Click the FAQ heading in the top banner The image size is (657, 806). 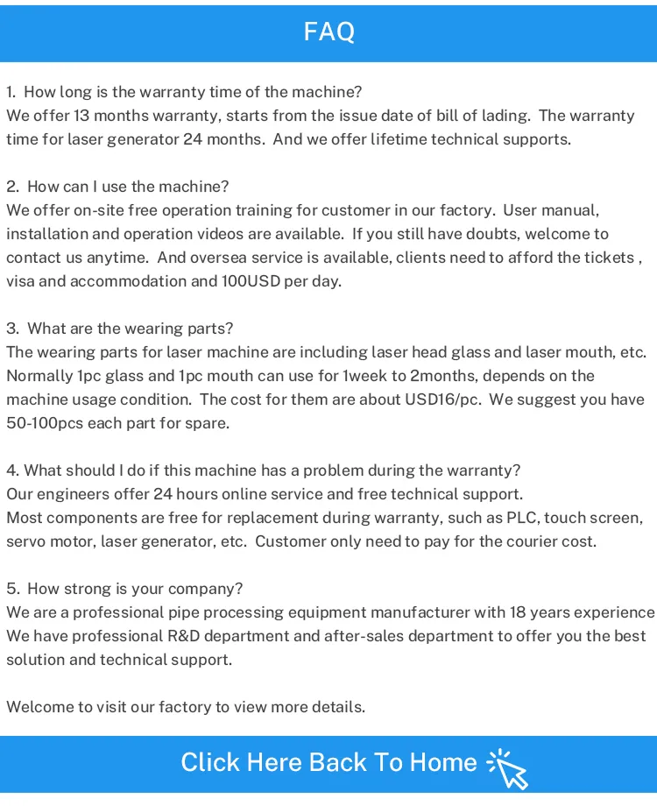coord(328,32)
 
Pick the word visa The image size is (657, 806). coord(21,281)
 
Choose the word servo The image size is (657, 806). coord(27,541)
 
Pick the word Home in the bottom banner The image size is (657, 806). coord(443,762)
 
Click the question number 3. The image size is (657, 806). coord(11,329)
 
